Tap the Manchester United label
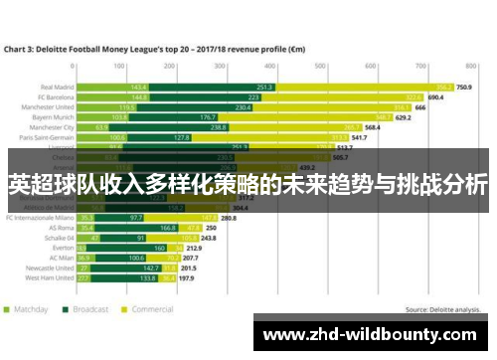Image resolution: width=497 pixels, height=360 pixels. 45,107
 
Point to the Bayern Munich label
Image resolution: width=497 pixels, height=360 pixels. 49,117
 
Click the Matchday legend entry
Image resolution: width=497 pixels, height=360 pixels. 30,309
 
